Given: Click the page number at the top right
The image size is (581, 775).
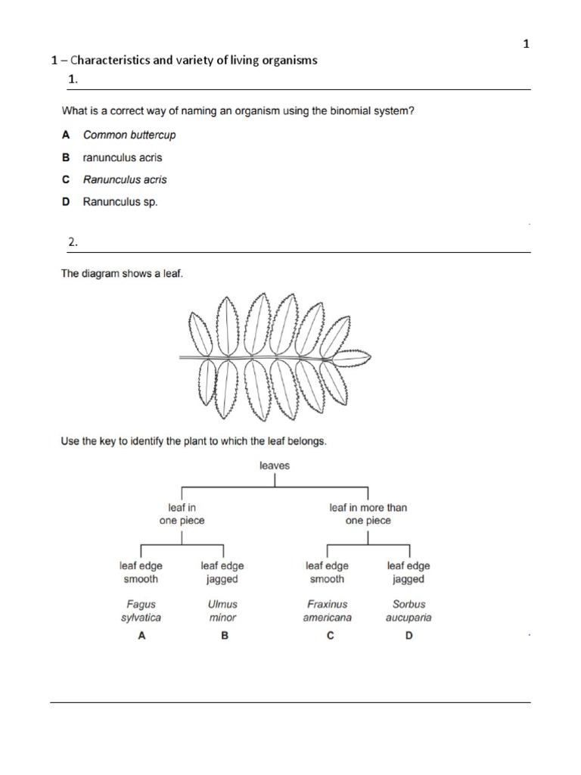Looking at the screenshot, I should (x=527, y=44).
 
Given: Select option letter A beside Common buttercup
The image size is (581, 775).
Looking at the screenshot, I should (x=66, y=135).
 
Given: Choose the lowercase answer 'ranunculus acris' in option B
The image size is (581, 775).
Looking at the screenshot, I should (x=123, y=157).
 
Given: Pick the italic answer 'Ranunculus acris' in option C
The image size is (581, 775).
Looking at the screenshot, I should (x=125, y=179).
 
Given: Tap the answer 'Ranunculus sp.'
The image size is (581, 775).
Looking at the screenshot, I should (x=120, y=202).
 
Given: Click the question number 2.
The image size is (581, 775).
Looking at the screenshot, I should (x=73, y=242).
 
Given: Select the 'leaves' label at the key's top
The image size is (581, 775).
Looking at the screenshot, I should (x=275, y=465).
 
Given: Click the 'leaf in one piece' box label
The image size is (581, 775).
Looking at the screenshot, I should (x=182, y=515).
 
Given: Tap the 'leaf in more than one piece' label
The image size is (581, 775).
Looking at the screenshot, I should (x=368, y=515).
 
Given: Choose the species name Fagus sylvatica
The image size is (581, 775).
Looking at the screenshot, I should (x=141, y=611).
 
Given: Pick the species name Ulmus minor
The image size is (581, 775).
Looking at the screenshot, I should (x=222, y=611).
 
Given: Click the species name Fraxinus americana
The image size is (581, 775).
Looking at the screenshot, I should (x=327, y=611).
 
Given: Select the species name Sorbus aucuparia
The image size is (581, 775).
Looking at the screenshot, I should (x=409, y=611).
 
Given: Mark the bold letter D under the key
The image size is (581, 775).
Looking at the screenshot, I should (x=409, y=636).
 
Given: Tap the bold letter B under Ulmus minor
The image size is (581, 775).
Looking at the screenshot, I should (x=224, y=636).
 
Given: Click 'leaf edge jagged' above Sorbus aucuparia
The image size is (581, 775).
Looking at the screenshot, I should (x=409, y=572).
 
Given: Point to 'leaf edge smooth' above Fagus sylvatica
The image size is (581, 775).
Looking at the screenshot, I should (x=141, y=572).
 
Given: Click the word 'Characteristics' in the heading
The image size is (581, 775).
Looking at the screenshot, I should (x=108, y=61).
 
